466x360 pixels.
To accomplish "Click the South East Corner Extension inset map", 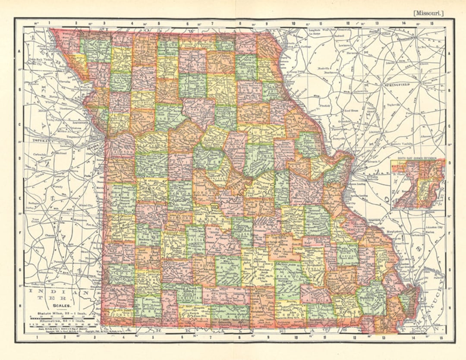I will pos(418,184).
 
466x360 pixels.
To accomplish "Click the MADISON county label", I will pos(348,254).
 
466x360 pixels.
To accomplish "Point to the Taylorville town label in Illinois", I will pos(394,105).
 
